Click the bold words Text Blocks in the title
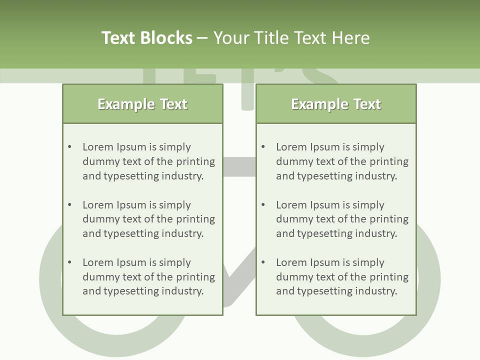pyautogui.click(x=146, y=38)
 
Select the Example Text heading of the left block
pyautogui.click(x=142, y=104)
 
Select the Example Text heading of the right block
pyautogui.click(x=336, y=104)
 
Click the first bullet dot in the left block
pyautogui.click(x=70, y=147)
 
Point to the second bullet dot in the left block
pyautogui.click(x=70, y=205)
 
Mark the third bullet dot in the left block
pyautogui.click(x=70, y=262)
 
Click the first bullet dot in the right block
pyautogui.click(x=263, y=147)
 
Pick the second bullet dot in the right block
pyautogui.click(x=263, y=205)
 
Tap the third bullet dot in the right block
pyautogui.click(x=263, y=262)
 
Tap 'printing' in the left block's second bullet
pyautogui.click(x=195, y=219)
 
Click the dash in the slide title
pyautogui.click(x=202, y=38)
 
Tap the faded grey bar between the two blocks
pyautogui.click(x=239, y=166)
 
